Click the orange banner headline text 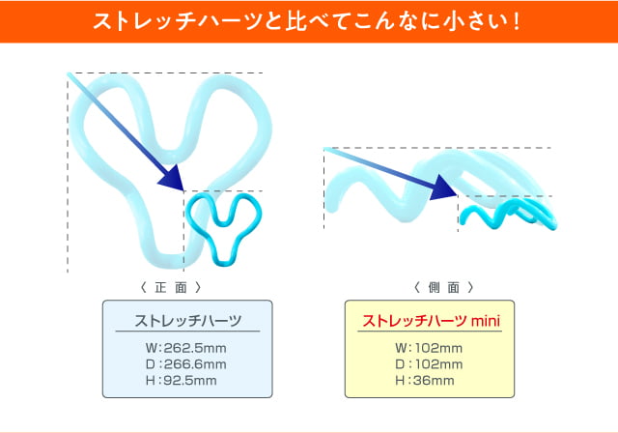[x=307, y=21]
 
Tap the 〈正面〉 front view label [x=171, y=287]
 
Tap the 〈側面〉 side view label [x=444, y=287]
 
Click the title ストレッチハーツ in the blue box [x=187, y=321]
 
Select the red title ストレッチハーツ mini [x=431, y=321]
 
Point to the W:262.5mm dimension [x=185, y=348]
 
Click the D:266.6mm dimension [x=185, y=364]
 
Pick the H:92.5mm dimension [x=181, y=381]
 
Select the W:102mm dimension [x=429, y=348]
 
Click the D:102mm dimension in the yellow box [x=429, y=364]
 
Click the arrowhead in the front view [x=172, y=178]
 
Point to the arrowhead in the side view [x=444, y=188]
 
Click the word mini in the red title [x=486, y=321]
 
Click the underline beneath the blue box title [x=187, y=332]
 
